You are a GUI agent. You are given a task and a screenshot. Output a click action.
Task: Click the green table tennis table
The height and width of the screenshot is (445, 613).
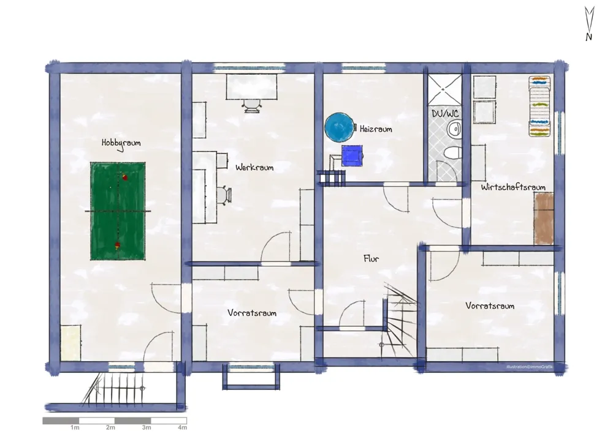tap(118, 211)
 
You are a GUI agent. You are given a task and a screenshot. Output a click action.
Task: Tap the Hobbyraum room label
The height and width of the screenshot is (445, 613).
tap(121, 143)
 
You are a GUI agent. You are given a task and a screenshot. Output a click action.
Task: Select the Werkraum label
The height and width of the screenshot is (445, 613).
tap(254, 168)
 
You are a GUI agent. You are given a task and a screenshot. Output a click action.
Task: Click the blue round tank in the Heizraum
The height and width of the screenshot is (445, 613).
tap(339, 127)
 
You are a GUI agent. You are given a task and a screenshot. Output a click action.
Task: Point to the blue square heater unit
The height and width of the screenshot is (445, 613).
tap(352, 155)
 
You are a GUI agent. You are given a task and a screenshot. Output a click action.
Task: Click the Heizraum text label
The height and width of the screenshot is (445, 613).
tap(376, 129)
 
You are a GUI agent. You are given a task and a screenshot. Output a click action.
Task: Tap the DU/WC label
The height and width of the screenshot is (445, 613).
tap(445, 114)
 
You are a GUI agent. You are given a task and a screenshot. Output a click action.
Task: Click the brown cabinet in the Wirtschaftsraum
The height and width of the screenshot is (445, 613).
tap(544, 219)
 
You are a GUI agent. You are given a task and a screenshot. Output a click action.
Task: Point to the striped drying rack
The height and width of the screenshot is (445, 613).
tap(539, 106)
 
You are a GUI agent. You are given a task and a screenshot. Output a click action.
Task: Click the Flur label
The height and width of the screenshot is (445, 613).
tap(371, 258)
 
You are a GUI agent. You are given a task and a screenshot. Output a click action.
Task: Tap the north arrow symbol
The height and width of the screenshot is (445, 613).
tap(589, 23)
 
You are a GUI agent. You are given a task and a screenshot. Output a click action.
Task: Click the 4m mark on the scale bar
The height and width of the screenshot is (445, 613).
tap(183, 427)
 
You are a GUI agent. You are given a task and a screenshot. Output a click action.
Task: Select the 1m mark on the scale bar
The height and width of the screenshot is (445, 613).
tap(75, 427)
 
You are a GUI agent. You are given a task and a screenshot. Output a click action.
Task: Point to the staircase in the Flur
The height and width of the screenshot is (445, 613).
tap(399, 320)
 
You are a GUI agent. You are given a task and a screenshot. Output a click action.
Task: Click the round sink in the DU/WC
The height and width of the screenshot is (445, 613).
tap(454, 128)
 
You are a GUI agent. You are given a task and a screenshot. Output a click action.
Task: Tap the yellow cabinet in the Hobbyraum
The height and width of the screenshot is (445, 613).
tap(70, 342)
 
